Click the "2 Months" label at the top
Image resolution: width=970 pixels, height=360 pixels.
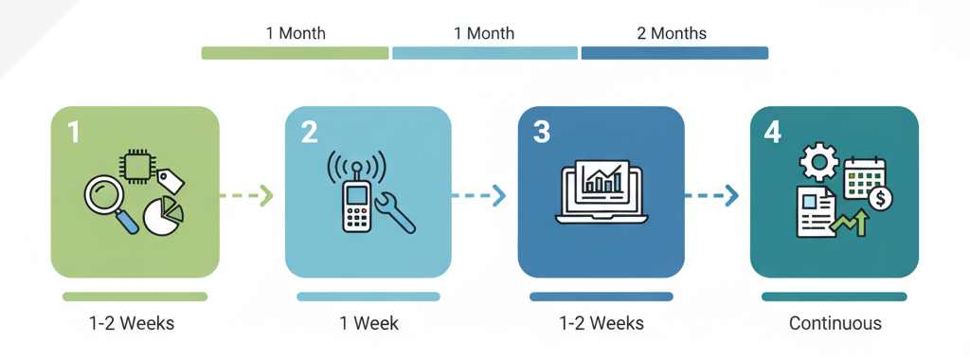coord(672,33)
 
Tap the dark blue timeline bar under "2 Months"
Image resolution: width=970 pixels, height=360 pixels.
coord(674,53)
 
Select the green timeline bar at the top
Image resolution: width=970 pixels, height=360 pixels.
coord(296,53)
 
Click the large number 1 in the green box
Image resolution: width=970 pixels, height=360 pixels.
coord(74,132)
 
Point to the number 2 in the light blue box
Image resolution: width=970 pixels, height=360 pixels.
coord(310,132)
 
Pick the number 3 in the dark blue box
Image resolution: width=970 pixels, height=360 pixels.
coord(541,132)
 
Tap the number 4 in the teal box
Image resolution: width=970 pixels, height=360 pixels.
coord(773,132)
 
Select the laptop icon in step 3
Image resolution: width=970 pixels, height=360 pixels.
coord(602,192)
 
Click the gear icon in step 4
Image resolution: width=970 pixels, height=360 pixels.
coord(818,162)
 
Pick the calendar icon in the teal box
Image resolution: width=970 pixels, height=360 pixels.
coord(865,177)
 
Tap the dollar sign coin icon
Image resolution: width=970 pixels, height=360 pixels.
coord(880,199)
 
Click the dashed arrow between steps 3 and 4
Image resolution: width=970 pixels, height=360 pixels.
coord(710,196)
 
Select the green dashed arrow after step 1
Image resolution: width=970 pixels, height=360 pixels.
coord(245,195)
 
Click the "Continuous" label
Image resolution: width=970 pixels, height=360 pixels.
coord(835,323)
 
